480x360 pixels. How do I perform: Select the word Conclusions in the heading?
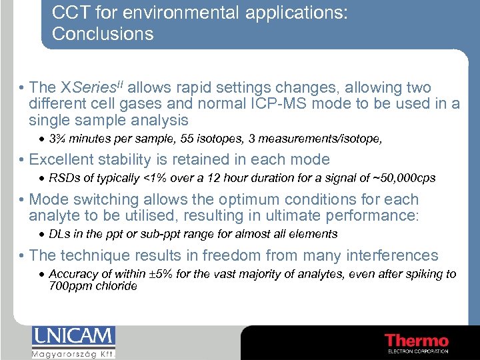click(x=103, y=34)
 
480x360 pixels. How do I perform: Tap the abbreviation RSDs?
click(x=63, y=178)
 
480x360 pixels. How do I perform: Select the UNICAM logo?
click(x=73, y=341)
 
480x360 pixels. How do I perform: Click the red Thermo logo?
click(x=417, y=341)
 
